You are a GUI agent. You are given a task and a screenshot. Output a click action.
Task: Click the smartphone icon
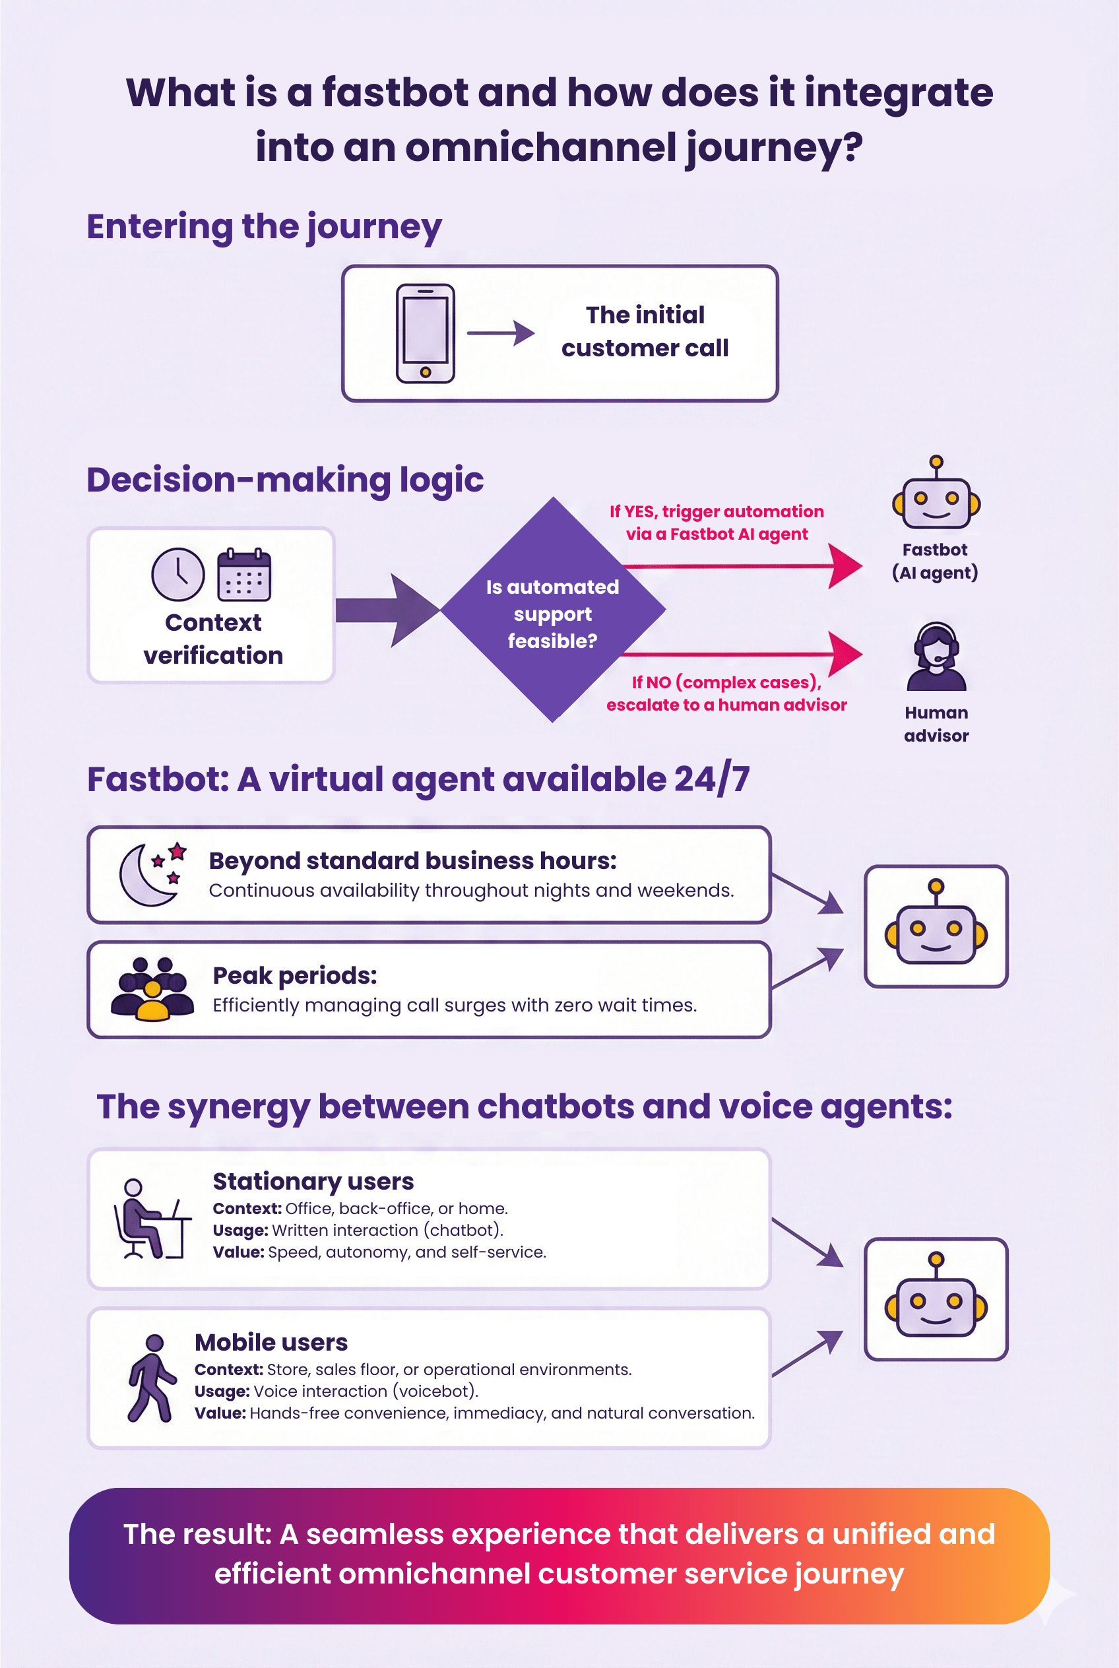pos(426,333)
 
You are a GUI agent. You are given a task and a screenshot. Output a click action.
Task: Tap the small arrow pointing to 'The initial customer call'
pos(501,333)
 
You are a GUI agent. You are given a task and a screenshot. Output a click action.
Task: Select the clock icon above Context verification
pos(177,575)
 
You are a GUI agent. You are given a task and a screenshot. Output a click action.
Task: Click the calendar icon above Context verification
pos(243,575)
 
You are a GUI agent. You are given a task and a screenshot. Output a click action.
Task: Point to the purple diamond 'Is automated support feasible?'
pos(553,611)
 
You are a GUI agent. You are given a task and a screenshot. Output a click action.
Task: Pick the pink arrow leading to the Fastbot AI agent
pos(742,566)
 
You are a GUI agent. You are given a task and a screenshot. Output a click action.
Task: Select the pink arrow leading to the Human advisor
pos(742,653)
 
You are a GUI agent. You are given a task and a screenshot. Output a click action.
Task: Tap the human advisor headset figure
pos(936,657)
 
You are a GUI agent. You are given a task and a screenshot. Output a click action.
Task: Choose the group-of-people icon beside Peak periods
pos(152,989)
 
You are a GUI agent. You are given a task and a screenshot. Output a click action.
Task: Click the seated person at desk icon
pos(150,1219)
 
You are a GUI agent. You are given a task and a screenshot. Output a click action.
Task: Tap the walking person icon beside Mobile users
pos(151,1378)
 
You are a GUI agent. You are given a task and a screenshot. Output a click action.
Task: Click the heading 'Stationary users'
pos(313,1181)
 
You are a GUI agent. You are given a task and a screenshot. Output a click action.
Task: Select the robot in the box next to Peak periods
pos(936,926)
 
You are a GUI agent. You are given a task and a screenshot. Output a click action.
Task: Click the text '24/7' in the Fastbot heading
pos(711,779)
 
